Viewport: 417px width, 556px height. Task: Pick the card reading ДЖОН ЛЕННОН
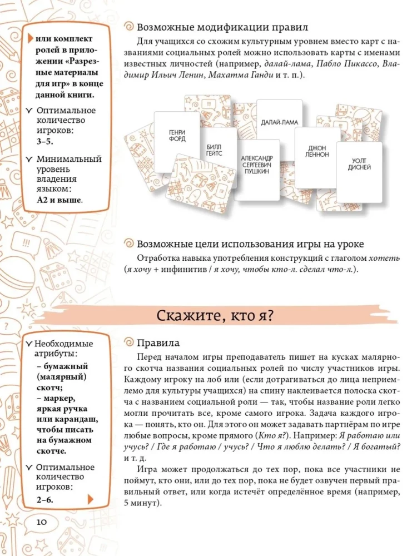[317, 151]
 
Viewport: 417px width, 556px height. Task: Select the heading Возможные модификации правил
[222, 27]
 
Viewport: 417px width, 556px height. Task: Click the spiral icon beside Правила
[128, 343]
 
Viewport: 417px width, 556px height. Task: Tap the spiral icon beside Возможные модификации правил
[128, 27]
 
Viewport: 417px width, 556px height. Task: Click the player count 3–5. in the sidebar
[46, 142]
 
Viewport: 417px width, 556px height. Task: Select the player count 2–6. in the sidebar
[45, 499]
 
